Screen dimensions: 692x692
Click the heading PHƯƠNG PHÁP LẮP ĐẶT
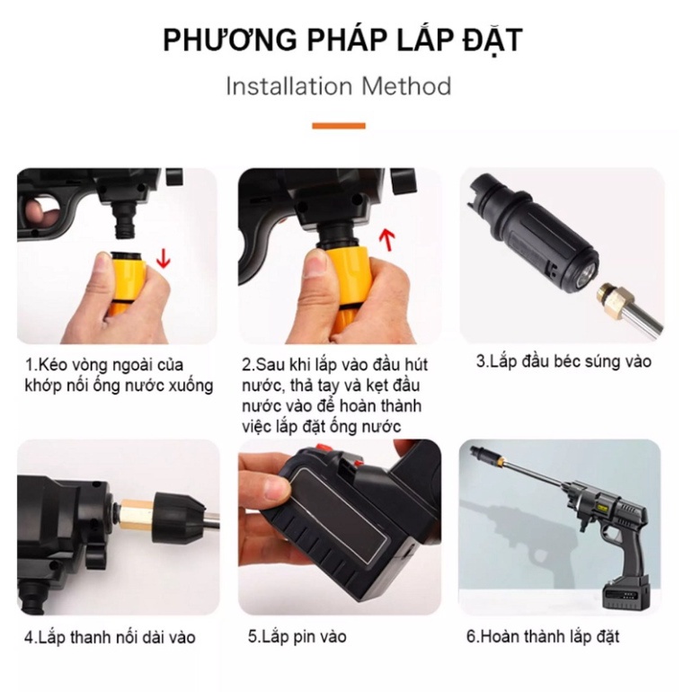click(342, 40)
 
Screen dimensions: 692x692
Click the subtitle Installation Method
click(338, 87)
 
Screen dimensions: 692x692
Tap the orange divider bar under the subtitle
click(339, 126)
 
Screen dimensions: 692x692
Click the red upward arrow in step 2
click(387, 239)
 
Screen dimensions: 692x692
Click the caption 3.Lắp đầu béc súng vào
click(563, 362)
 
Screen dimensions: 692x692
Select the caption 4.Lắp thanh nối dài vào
click(110, 637)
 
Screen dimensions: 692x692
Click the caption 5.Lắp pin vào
click(297, 636)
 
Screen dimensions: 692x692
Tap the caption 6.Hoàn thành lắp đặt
click(543, 636)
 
